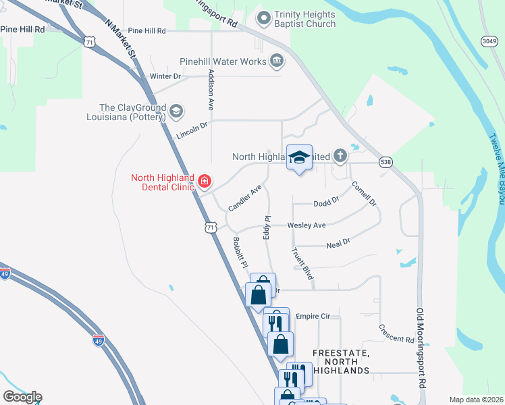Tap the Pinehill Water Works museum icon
coord(276,61)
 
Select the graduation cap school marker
coord(299,158)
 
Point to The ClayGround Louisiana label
coord(132,112)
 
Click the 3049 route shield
coord(491,42)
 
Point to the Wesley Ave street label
coord(307,225)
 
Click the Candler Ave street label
coord(244,199)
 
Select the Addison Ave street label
coord(211,90)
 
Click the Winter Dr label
coord(165,76)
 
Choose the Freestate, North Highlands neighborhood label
coord(341,362)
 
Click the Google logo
coord(22,396)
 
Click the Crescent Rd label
coord(396,334)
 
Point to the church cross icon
coord(340,157)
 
